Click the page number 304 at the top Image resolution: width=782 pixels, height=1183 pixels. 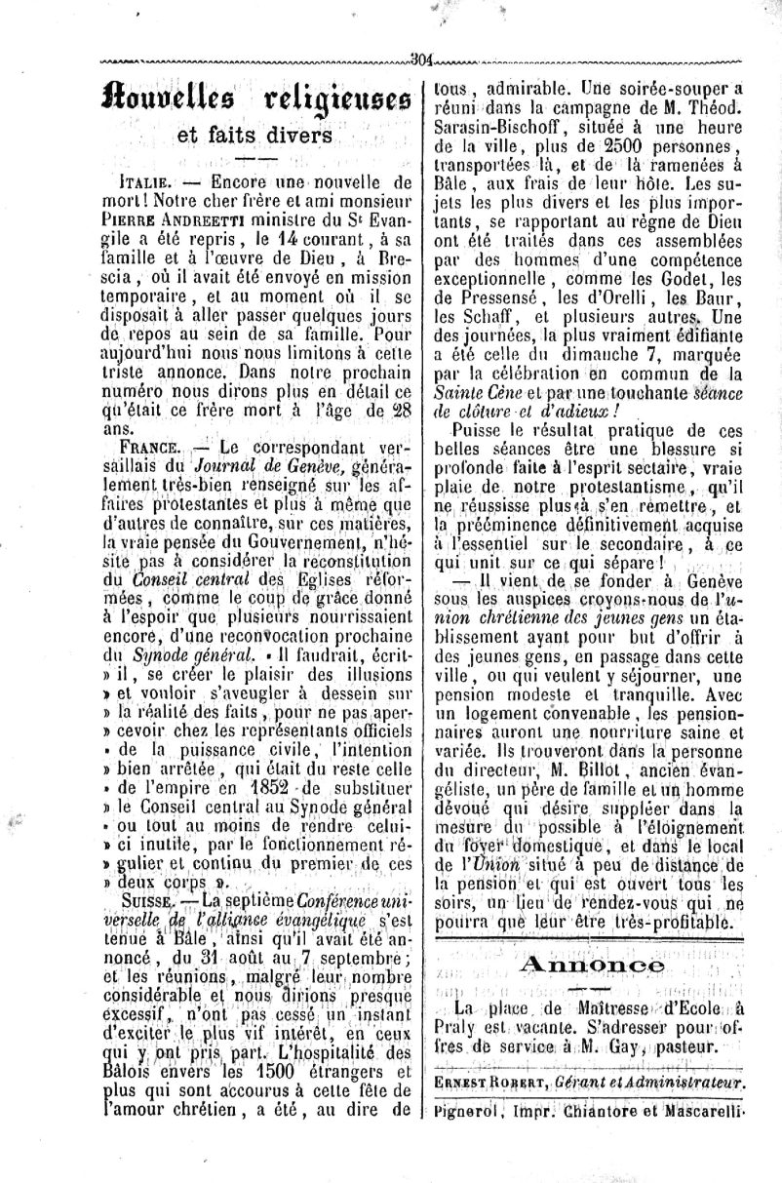pos(424,57)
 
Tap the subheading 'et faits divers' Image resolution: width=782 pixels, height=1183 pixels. pos(255,137)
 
